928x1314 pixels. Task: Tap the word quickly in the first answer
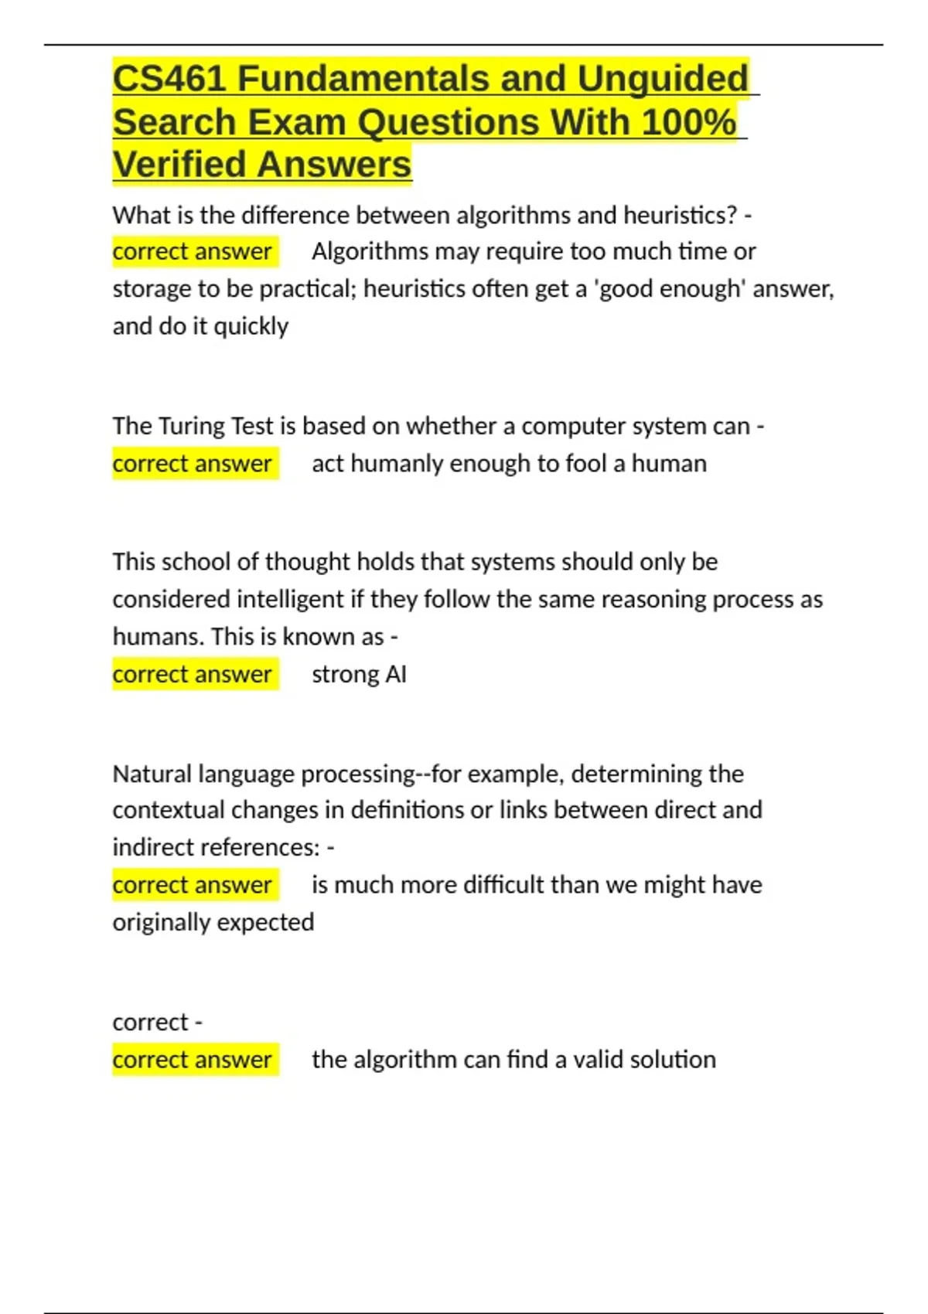pyautogui.click(x=251, y=327)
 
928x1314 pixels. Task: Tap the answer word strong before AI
pyautogui.click(x=345, y=675)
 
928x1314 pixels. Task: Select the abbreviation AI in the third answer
pyautogui.click(x=396, y=675)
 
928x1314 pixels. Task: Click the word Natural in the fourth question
pyautogui.click(x=152, y=774)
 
